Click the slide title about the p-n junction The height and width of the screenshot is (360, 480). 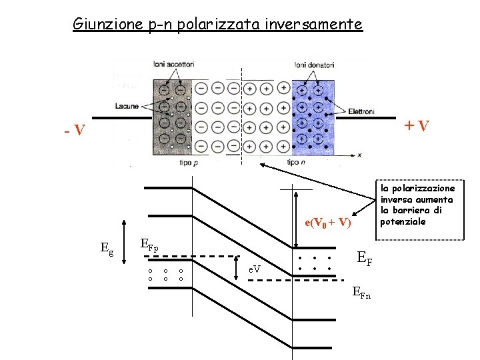[x=217, y=25]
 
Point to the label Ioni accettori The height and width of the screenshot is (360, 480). [x=173, y=65]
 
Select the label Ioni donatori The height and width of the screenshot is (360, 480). [x=314, y=65]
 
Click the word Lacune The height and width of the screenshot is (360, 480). [x=126, y=105]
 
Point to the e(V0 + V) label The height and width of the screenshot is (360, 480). [x=327, y=223]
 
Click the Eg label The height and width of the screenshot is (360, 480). [x=106, y=248]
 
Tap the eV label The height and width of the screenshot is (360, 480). [x=255, y=269]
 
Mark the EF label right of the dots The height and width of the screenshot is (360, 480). [x=365, y=257]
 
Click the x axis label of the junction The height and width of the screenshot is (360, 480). [x=359, y=155]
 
